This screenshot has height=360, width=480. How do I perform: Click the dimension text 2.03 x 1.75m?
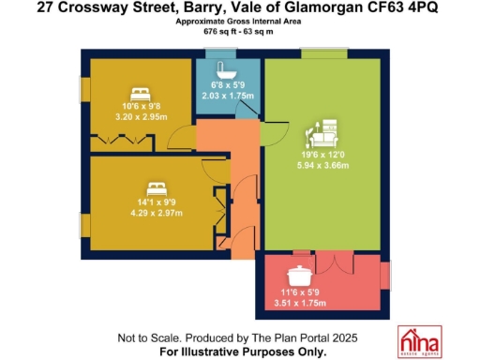(225, 94)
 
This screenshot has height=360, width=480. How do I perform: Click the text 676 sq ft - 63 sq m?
(241, 31)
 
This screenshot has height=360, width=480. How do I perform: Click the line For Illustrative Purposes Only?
(243, 352)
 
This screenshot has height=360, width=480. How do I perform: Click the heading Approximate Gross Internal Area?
(241, 22)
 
